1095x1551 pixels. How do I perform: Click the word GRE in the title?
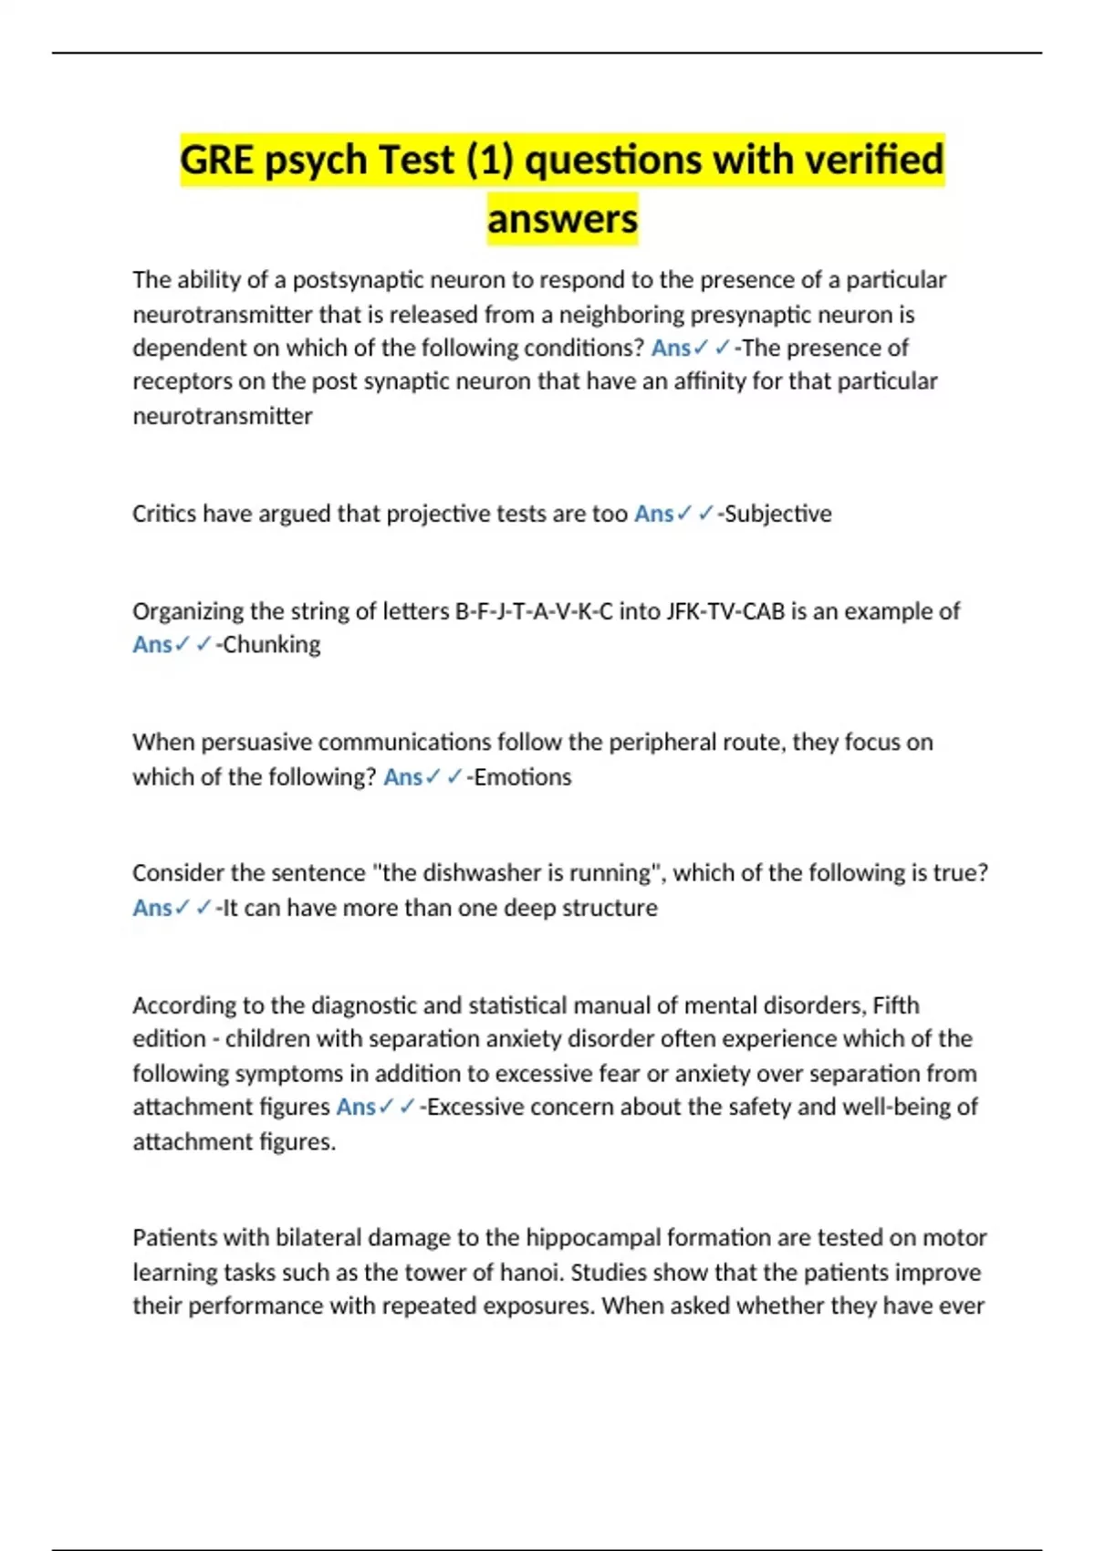coord(216,161)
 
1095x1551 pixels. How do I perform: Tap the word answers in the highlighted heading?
coord(562,219)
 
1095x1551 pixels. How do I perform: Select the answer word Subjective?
coord(777,514)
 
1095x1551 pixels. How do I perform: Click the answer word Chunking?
coord(271,645)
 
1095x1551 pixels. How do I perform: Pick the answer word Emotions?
coord(522,777)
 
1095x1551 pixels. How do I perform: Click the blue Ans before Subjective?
coord(653,514)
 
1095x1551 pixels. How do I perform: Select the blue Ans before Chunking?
coord(152,645)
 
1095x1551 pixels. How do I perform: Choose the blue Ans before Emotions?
coord(402,777)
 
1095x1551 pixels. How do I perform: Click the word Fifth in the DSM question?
coord(896,1005)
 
